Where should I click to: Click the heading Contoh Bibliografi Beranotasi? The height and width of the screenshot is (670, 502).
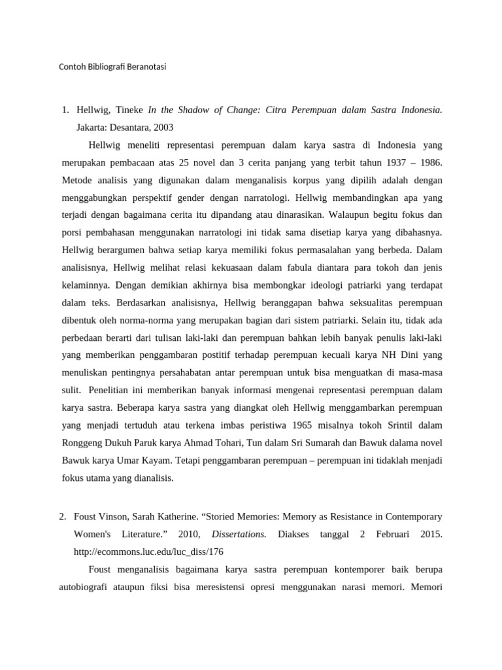pos(112,66)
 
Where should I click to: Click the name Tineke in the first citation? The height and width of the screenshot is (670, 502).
pos(129,110)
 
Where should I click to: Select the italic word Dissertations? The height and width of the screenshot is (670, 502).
pos(239,534)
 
